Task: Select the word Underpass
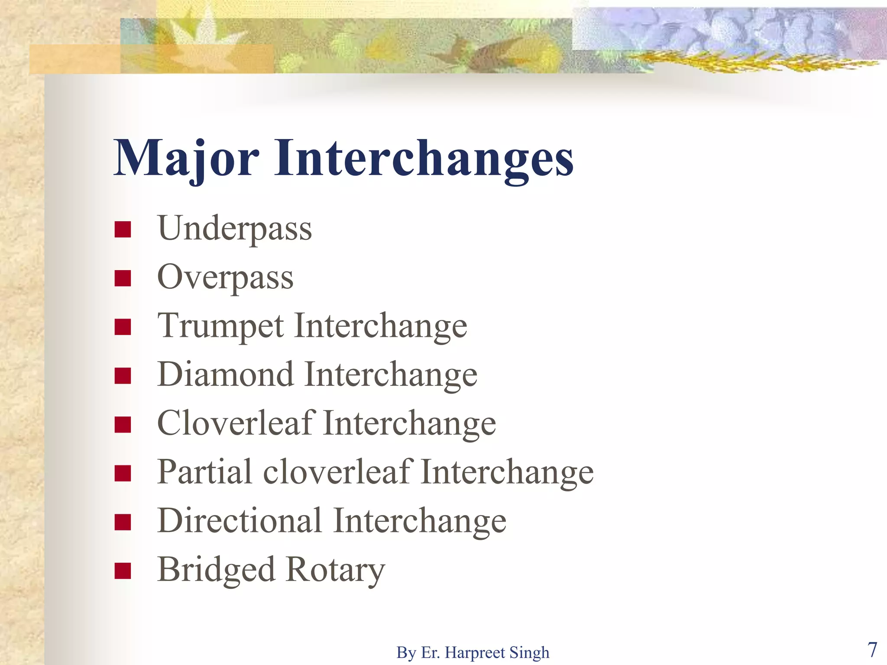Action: (234, 229)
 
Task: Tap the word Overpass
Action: (225, 278)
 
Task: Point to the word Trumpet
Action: (221, 326)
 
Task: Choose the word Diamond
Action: (226, 374)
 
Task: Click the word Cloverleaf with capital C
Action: (236, 423)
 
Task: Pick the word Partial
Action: (205, 472)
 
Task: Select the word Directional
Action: (240, 521)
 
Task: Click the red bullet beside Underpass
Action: (123, 230)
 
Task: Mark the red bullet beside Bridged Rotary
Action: (123, 571)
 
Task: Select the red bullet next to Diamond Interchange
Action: (123, 376)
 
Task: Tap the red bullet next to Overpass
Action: (123, 278)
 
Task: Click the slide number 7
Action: (872, 649)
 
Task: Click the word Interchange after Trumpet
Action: (381, 326)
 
